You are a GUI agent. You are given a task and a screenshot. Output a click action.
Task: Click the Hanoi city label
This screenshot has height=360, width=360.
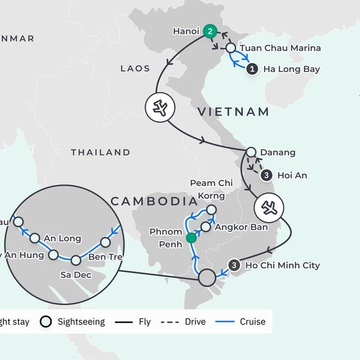tap(185, 30)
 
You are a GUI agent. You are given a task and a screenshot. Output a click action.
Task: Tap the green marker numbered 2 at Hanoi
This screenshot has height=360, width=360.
tap(209, 31)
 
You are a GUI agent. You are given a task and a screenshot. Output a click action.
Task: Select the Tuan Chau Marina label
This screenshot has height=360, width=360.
tap(280, 48)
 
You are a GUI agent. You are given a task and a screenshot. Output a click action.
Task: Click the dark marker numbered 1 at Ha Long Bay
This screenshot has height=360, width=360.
tap(253, 69)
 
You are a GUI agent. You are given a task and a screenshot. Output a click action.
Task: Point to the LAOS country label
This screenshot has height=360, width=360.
tap(135, 68)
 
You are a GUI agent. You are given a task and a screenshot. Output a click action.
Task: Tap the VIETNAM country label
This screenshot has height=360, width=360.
tap(233, 112)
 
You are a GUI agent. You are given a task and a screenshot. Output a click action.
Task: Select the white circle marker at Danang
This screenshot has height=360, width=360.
tap(251, 152)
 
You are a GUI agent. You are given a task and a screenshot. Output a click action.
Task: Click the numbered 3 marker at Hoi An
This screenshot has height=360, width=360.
tap(266, 175)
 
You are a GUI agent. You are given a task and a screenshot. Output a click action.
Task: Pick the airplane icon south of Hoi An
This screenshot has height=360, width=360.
tap(269, 208)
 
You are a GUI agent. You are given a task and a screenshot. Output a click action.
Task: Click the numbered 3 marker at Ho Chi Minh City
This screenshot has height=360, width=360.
tap(235, 265)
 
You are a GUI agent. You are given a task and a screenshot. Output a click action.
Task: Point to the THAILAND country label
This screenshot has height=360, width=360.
tap(100, 152)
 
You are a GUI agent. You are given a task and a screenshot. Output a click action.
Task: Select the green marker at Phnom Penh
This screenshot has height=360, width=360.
tap(191, 238)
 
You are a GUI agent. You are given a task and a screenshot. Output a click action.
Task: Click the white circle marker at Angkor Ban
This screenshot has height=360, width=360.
tap(206, 227)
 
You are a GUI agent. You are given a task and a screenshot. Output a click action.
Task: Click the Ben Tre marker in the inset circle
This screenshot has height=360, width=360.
tap(106, 242)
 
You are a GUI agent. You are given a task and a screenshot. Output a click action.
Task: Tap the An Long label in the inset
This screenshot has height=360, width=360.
tap(63, 238)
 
